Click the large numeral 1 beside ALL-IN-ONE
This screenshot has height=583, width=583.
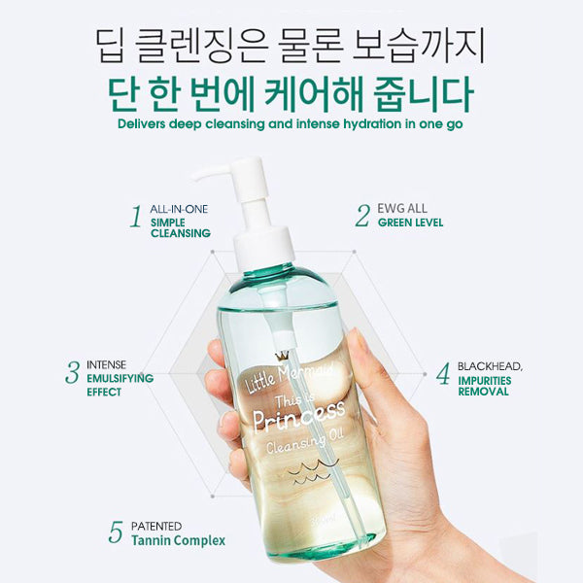point(136,217)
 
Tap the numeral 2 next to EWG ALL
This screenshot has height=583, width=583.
point(362,216)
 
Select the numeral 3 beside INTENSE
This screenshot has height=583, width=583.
point(73,372)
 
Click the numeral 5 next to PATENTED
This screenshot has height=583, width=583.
point(116,532)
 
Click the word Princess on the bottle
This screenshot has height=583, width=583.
point(299,417)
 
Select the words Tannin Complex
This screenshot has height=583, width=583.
point(179,540)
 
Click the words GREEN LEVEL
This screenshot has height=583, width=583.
point(410,223)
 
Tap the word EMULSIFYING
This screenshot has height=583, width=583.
point(120,379)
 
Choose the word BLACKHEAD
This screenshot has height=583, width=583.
point(490,366)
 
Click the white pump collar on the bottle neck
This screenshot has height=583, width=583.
point(263,244)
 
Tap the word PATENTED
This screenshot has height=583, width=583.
point(156,526)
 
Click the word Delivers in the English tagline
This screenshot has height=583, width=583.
point(141,123)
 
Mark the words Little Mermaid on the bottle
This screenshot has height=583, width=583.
point(290,376)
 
